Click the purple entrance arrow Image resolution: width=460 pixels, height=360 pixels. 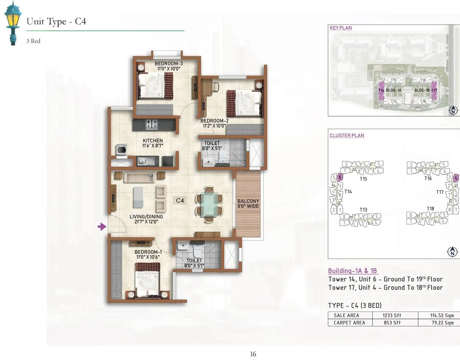coord(102,227)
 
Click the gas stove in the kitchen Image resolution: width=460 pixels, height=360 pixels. coord(151,124)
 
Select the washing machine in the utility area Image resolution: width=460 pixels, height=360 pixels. coord(121,150)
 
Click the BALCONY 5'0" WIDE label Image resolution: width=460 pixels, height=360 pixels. coord(248,204)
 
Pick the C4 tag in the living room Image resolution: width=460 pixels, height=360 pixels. coord(180,200)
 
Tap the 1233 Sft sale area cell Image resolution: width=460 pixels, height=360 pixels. coord(392,315)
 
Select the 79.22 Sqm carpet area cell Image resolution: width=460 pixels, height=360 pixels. coord(443,323)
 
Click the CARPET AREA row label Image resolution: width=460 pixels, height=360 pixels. coord(349,323)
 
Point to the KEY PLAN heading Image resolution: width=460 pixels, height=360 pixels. coord(341,28)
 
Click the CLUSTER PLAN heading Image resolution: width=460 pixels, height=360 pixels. coord(347,135)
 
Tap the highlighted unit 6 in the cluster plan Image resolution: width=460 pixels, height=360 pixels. coord(340,177)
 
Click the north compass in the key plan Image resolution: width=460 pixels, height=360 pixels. coord(453,111)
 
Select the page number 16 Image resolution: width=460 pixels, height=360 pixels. coord(253,354)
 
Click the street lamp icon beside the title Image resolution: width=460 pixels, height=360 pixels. coord(13,23)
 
